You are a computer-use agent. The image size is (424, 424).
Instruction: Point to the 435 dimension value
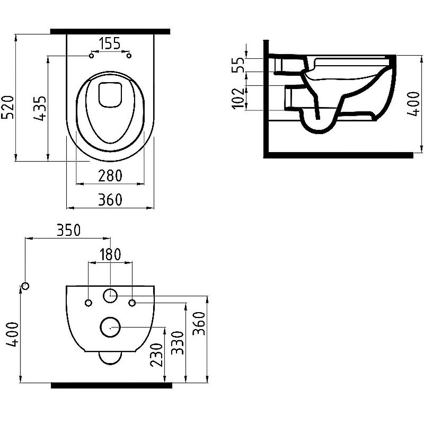pos(41,109)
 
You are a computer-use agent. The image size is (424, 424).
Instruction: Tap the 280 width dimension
pos(110,175)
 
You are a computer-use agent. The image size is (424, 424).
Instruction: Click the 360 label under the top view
pos(110,200)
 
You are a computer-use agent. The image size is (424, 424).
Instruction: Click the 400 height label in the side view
pos(408,105)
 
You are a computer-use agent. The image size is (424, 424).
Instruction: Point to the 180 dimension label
pos(110,254)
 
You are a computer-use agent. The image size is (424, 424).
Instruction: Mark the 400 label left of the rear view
pos(13,334)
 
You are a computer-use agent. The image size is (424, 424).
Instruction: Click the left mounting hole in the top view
pos(91,56)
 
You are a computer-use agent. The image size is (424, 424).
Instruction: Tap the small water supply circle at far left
pos(25,286)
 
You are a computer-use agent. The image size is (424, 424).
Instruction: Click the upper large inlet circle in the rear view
pos(110,295)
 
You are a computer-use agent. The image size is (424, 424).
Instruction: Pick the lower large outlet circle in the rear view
pos(110,328)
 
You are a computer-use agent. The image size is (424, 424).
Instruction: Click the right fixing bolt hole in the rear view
pos(132,303)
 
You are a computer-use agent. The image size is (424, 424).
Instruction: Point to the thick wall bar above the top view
pos(110,31)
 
